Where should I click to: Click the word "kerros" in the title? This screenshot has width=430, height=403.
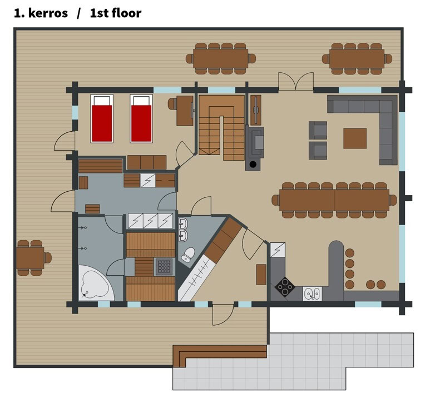point(48,13)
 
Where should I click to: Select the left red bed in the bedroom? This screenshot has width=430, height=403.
point(102,118)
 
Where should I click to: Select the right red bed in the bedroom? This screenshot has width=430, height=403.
point(141,118)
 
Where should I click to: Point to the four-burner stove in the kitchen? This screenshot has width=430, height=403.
point(285,287)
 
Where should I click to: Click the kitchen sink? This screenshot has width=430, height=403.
point(313,293)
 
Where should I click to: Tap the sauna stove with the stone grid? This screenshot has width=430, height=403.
point(164,267)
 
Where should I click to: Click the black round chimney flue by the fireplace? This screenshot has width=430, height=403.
point(253,165)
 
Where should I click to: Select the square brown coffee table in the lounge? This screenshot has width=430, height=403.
point(355,138)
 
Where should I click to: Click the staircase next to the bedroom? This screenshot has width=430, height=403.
point(221,128)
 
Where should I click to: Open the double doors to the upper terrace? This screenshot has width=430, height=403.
point(296,81)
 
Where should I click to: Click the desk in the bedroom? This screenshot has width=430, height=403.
point(185,111)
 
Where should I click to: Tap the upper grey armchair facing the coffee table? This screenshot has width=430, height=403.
point(318,130)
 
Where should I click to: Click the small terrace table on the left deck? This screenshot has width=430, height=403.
point(30,258)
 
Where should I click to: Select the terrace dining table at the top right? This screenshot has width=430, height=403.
point(357,58)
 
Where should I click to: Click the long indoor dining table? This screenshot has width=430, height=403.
point(334,200)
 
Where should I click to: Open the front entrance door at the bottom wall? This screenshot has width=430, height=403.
point(223,314)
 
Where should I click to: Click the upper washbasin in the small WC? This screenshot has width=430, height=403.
point(183,224)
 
